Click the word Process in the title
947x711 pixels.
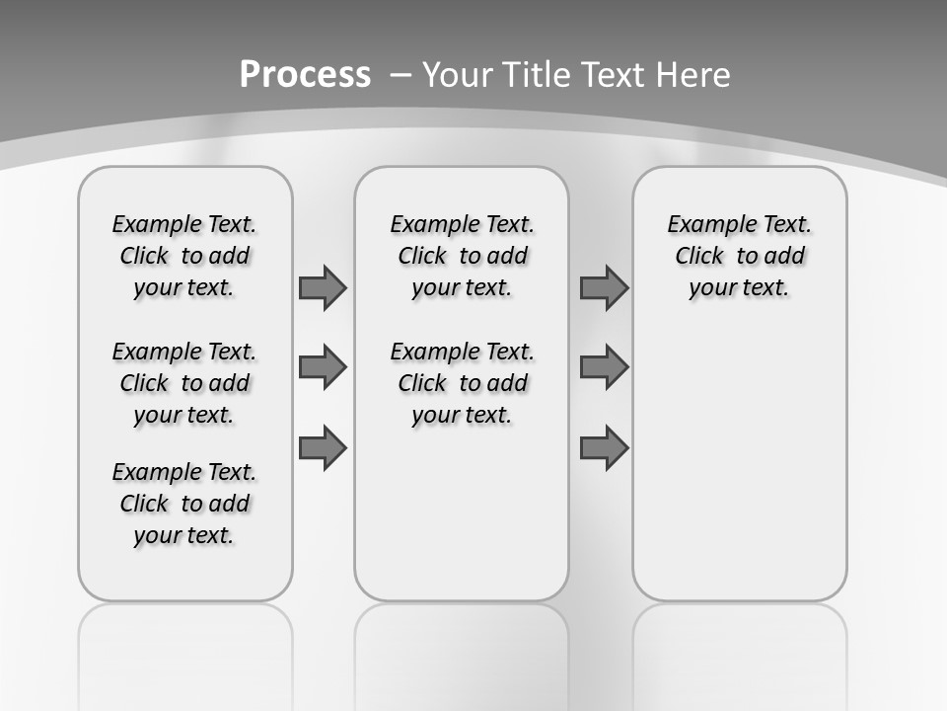click(305, 75)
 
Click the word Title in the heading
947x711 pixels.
click(537, 75)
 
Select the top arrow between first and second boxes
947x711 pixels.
click(323, 287)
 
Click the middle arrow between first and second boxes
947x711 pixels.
click(323, 367)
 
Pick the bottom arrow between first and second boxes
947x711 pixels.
click(323, 447)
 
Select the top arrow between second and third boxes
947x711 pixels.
click(604, 287)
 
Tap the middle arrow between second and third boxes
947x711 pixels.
click(604, 367)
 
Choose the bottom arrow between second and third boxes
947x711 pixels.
click(604, 447)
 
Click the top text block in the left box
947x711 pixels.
click(184, 256)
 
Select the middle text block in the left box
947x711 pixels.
click(184, 383)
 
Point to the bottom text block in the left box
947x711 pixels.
click(184, 504)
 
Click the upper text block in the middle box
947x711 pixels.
click(462, 256)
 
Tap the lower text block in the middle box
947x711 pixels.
click(462, 383)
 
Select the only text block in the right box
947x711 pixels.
click(740, 256)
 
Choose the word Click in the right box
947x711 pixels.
click(700, 256)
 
